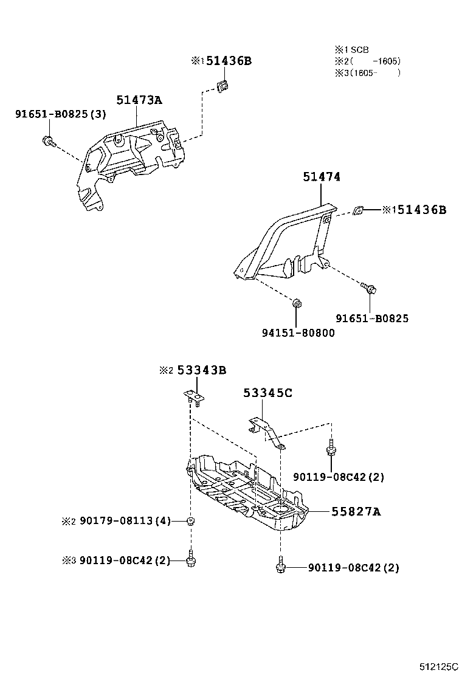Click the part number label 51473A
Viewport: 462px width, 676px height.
click(139, 101)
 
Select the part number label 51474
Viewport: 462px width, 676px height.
click(322, 177)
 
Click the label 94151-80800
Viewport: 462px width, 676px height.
click(298, 333)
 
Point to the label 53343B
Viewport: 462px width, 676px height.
click(202, 370)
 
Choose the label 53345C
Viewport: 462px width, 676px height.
click(267, 393)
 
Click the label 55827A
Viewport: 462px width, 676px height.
click(356, 512)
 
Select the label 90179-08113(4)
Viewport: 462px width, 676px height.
click(125, 520)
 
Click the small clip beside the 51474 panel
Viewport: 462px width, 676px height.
click(358, 210)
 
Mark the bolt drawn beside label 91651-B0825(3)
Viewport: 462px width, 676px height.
click(48, 142)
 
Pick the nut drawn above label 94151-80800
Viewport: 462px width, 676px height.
click(297, 303)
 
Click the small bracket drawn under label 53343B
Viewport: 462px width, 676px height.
click(195, 397)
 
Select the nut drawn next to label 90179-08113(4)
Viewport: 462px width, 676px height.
click(191, 521)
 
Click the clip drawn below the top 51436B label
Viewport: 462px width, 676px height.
click(222, 86)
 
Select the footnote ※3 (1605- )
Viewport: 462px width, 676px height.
click(367, 72)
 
